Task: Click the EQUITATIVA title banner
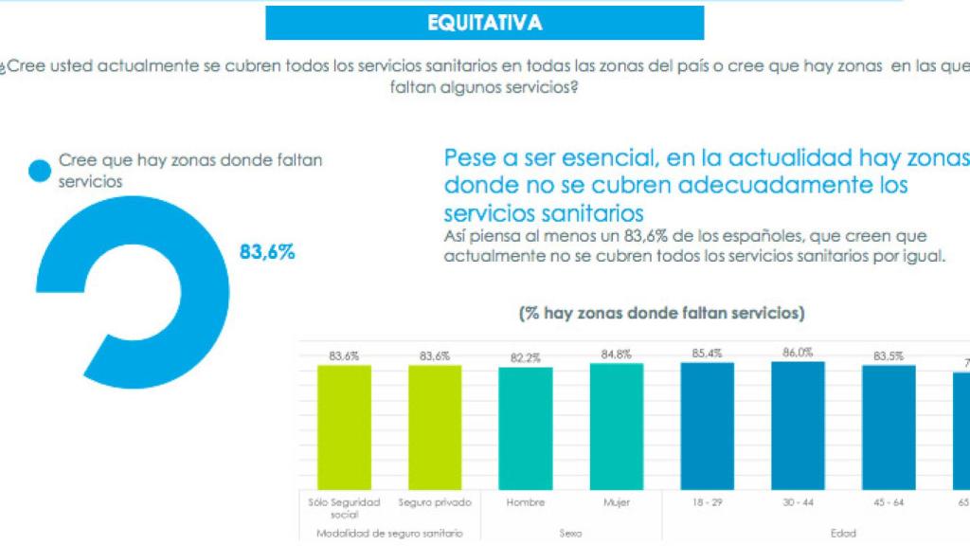pos(484,23)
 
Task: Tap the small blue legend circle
pos(39,171)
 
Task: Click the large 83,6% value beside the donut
pos(267,252)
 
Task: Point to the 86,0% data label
pos(798,352)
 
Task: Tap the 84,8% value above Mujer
pos(616,355)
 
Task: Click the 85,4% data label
pos(707,354)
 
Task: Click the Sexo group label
pos(570,534)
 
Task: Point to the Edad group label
pos(843,534)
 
